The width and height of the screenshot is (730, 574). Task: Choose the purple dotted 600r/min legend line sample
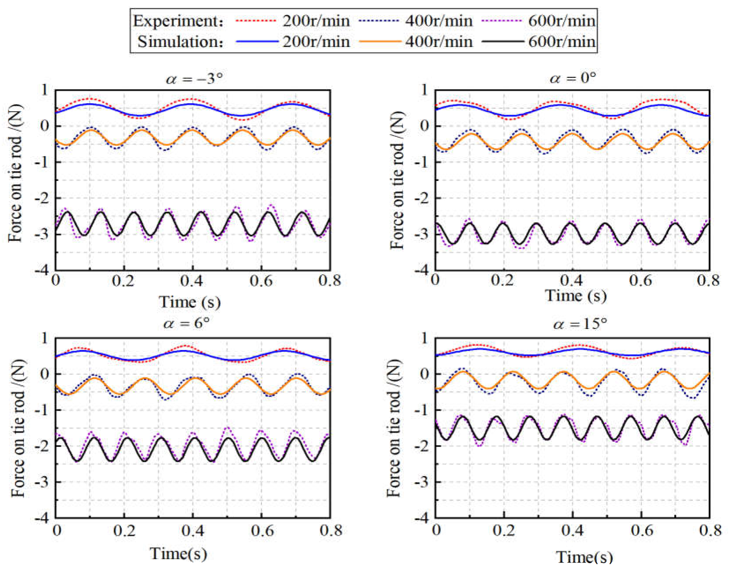[x=503, y=21]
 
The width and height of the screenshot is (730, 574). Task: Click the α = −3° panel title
[x=194, y=79]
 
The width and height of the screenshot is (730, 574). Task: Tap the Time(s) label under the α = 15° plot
[x=584, y=557]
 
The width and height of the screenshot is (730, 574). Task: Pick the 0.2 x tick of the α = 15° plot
[x=504, y=530]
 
